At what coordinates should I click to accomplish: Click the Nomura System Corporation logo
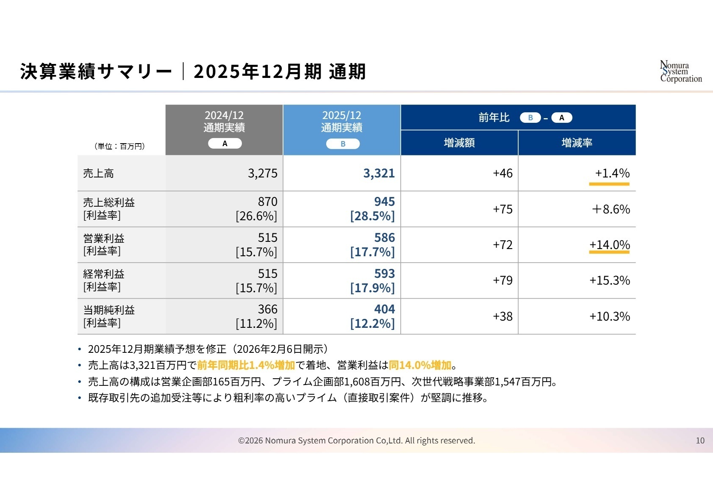tap(680, 72)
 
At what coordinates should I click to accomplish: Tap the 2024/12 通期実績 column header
tap(224, 122)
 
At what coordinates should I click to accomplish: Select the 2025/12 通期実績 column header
tap(341, 122)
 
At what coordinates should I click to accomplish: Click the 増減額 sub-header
tap(459, 143)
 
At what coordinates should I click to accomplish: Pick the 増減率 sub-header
tap(577, 143)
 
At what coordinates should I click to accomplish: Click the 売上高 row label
tap(99, 173)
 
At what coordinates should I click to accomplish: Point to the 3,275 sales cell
tap(263, 173)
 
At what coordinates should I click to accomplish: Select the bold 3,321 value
tap(379, 173)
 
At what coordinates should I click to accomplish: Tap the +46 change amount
tap(502, 173)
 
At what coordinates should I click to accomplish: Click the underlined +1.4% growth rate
tap(612, 173)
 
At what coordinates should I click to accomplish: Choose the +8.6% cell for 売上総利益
tap(610, 209)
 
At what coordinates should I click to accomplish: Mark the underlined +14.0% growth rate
tap(609, 245)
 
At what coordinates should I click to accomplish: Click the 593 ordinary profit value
tap(384, 274)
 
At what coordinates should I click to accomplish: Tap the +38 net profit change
tap(502, 316)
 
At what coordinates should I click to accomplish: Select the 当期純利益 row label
tap(109, 310)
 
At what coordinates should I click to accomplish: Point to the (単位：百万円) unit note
tap(119, 146)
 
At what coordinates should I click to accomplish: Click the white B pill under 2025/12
tap(343, 144)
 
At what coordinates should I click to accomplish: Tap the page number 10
tap(700, 440)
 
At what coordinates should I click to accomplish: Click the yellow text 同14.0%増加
tap(420, 365)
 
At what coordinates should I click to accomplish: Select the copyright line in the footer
tap(356, 440)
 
